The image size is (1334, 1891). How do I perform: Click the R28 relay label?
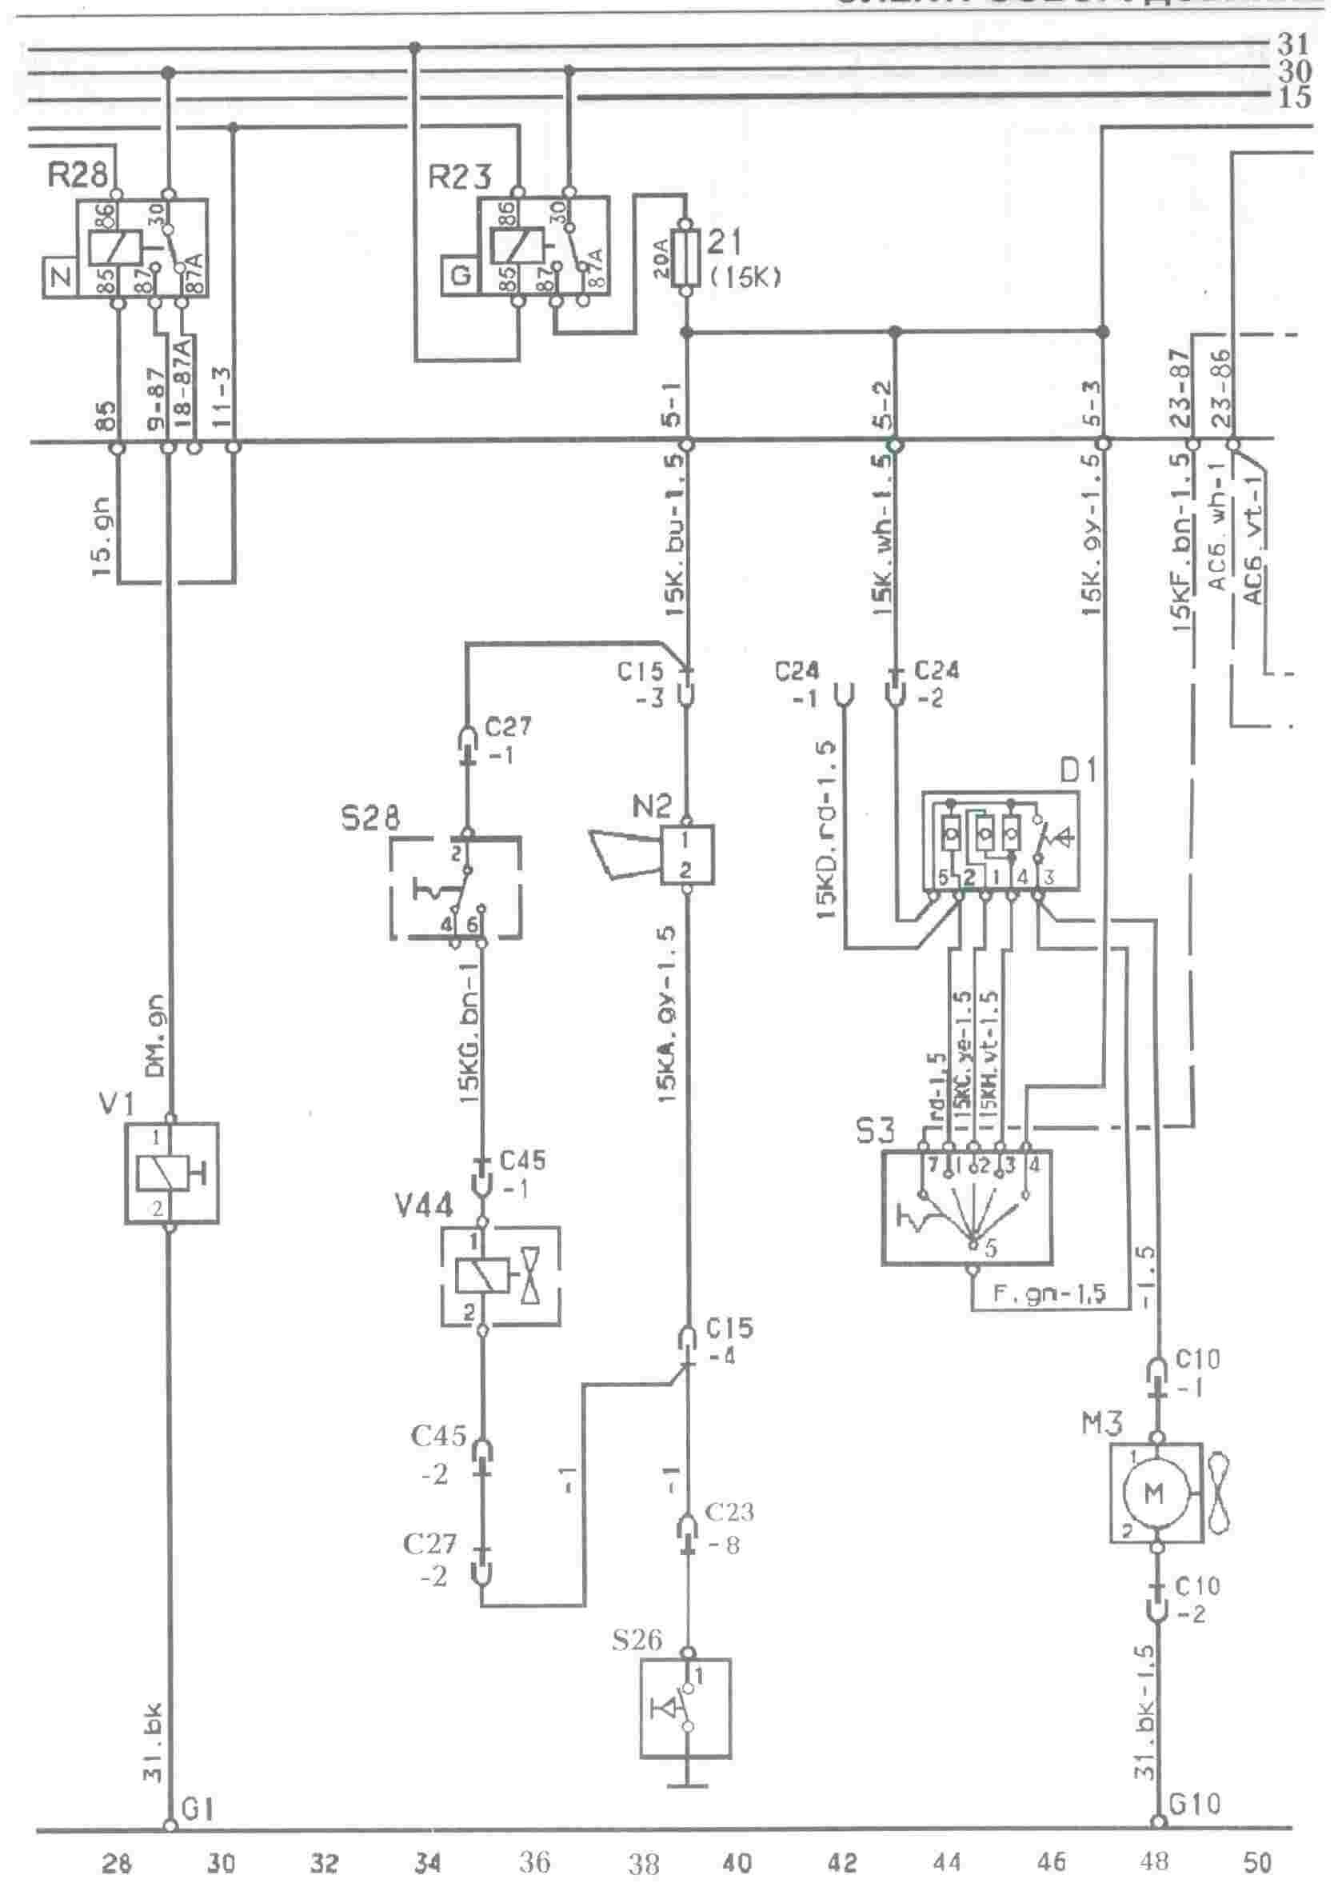coord(78,175)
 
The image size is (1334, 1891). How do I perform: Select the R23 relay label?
coord(460,175)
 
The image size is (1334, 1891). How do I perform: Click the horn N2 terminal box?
coord(687,854)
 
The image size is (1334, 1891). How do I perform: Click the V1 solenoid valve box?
coord(171,1172)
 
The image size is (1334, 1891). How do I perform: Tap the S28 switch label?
coord(369,818)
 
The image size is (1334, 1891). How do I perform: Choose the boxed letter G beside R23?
coord(460,275)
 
